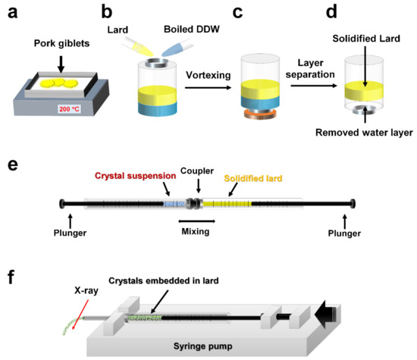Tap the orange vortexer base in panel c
[x=262, y=116]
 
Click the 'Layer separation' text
[x=309, y=73]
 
